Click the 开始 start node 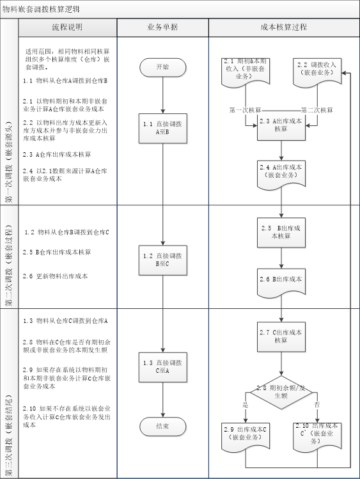click(162, 67)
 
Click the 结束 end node click(162, 426)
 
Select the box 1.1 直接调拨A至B click(162, 128)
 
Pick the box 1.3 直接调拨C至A click(162, 365)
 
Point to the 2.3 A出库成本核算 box click(281, 125)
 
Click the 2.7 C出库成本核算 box click(281, 336)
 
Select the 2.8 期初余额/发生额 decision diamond click(281, 392)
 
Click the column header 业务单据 click(162, 27)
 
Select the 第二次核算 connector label click(317, 110)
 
